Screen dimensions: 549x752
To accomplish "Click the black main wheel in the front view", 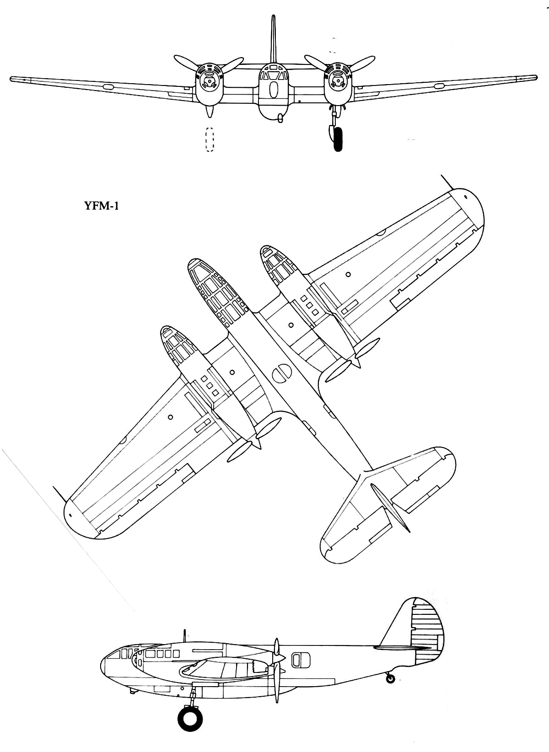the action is pyautogui.click(x=338, y=139).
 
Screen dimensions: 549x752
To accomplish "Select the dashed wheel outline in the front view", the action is pyautogui.click(x=210, y=140).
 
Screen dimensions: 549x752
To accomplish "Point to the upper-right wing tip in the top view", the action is pyautogui.click(x=470, y=208).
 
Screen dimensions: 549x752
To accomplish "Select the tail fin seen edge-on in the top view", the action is pyautogui.click(x=390, y=507).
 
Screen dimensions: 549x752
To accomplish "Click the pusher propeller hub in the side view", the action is pyautogui.click(x=280, y=656).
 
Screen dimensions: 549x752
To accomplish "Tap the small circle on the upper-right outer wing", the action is pyautogui.click(x=348, y=274).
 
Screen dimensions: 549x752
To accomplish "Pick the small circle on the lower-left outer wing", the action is pyautogui.click(x=171, y=417).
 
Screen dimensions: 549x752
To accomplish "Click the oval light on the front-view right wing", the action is pyautogui.click(x=439, y=86).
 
